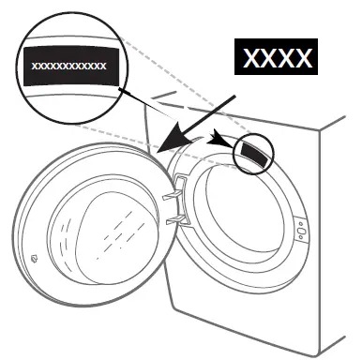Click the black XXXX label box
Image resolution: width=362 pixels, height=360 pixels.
277,59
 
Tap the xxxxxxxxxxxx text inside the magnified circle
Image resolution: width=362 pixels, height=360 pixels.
69,67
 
